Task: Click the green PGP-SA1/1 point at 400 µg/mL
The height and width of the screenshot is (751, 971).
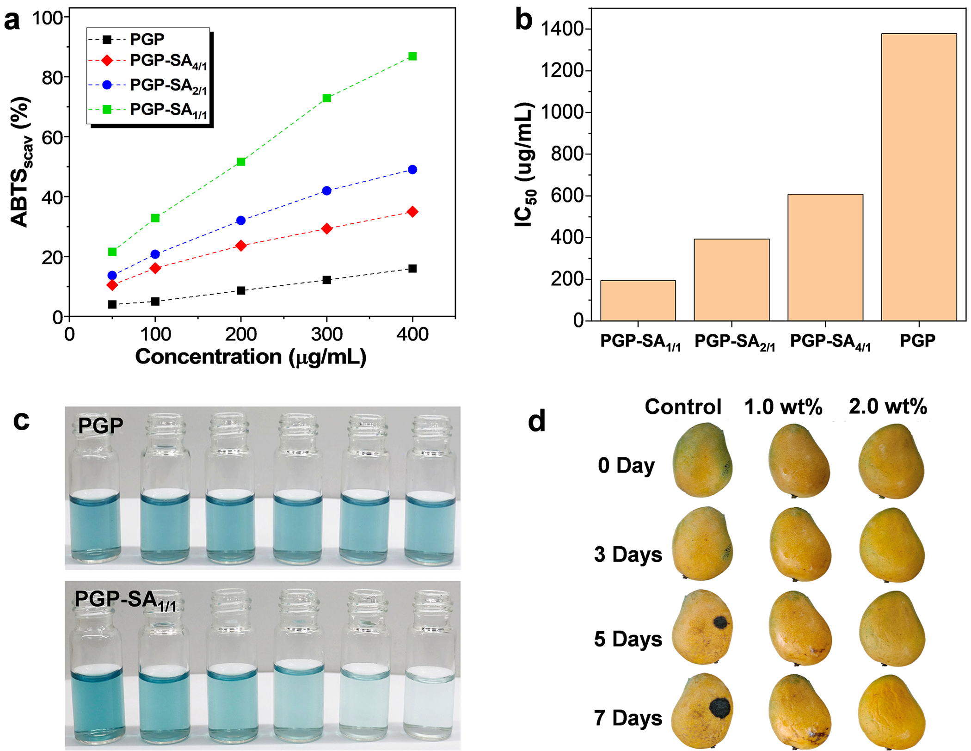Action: click(x=412, y=56)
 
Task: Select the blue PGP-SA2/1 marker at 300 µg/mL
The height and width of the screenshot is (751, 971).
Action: click(x=327, y=191)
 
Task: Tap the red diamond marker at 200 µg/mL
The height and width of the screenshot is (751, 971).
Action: click(x=241, y=246)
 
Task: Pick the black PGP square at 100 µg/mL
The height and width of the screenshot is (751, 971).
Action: click(x=155, y=302)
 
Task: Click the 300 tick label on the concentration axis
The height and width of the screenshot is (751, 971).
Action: click(x=327, y=334)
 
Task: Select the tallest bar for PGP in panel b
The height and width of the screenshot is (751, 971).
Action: click(x=919, y=177)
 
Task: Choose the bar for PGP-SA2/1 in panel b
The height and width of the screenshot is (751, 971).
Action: click(x=731, y=280)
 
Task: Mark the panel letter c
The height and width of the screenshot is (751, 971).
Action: click(x=21, y=420)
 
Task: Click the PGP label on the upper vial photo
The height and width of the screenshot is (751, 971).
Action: click(x=101, y=425)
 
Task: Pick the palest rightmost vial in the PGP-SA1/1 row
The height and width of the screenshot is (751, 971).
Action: click(x=429, y=703)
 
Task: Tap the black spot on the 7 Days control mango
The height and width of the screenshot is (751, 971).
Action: click(x=720, y=707)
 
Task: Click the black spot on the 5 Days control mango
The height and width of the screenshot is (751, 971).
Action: click(x=719, y=623)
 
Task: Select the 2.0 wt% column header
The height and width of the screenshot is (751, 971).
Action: click(x=888, y=407)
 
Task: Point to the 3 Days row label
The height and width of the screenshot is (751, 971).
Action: click(x=628, y=554)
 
